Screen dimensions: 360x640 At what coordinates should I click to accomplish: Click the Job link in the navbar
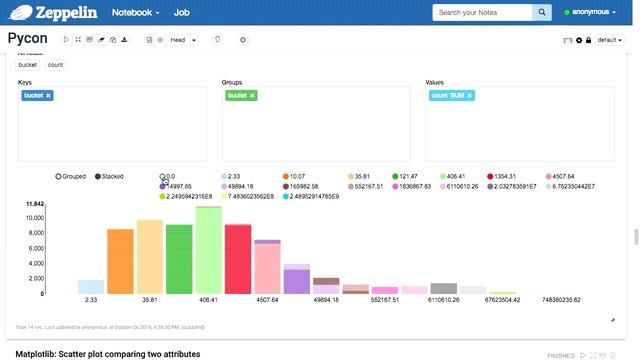181,13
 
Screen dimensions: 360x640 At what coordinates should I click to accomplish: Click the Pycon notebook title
28,39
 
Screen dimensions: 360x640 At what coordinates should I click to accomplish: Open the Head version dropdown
182,40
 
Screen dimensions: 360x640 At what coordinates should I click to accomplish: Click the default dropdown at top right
610,40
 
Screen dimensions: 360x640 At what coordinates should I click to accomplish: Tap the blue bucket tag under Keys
38,95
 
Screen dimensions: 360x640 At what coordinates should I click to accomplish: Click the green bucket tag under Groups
241,95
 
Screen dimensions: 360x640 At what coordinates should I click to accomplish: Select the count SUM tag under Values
450,95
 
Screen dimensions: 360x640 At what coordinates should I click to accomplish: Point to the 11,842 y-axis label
33,204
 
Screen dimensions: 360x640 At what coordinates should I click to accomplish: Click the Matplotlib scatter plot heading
108,354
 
